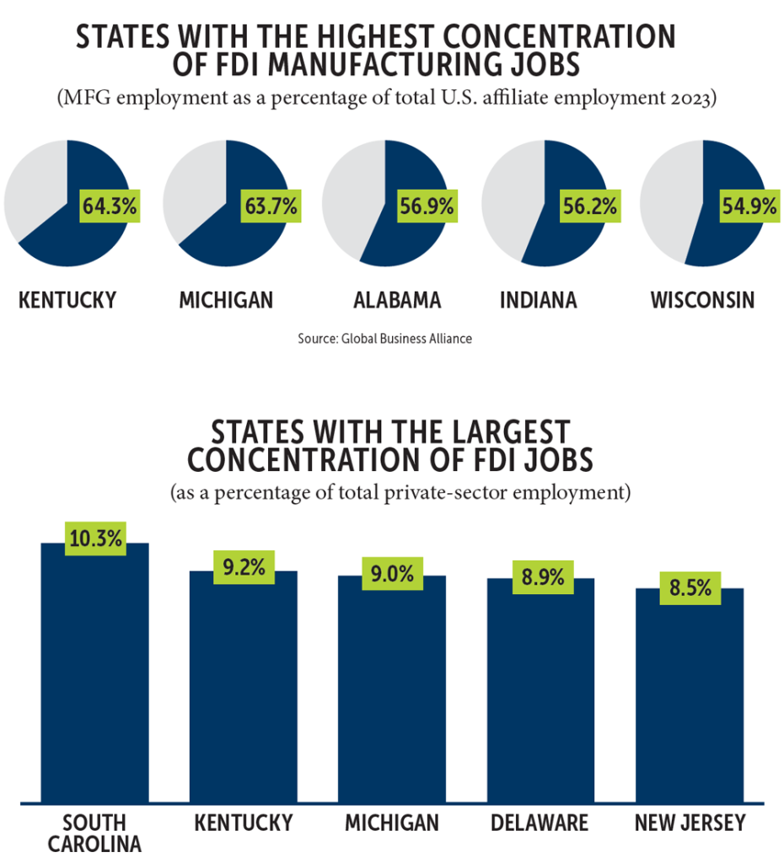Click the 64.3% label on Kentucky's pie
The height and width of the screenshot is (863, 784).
pos(110,206)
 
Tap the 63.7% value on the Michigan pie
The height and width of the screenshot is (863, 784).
pos(269,206)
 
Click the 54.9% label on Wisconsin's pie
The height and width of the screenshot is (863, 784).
pos(748,206)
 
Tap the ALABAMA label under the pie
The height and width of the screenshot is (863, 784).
pos(397,300)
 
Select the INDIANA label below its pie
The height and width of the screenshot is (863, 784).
pos(538,300)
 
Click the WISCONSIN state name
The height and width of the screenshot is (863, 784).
pos(701,300)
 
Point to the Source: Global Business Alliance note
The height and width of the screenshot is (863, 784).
pos(384,339)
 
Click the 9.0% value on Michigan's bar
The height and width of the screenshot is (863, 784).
pos(392,575)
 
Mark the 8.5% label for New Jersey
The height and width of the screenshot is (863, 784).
pos(690,588)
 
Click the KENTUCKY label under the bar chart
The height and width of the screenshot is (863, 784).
pos(244,823)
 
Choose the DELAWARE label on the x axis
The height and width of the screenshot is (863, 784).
pos(541,823)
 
